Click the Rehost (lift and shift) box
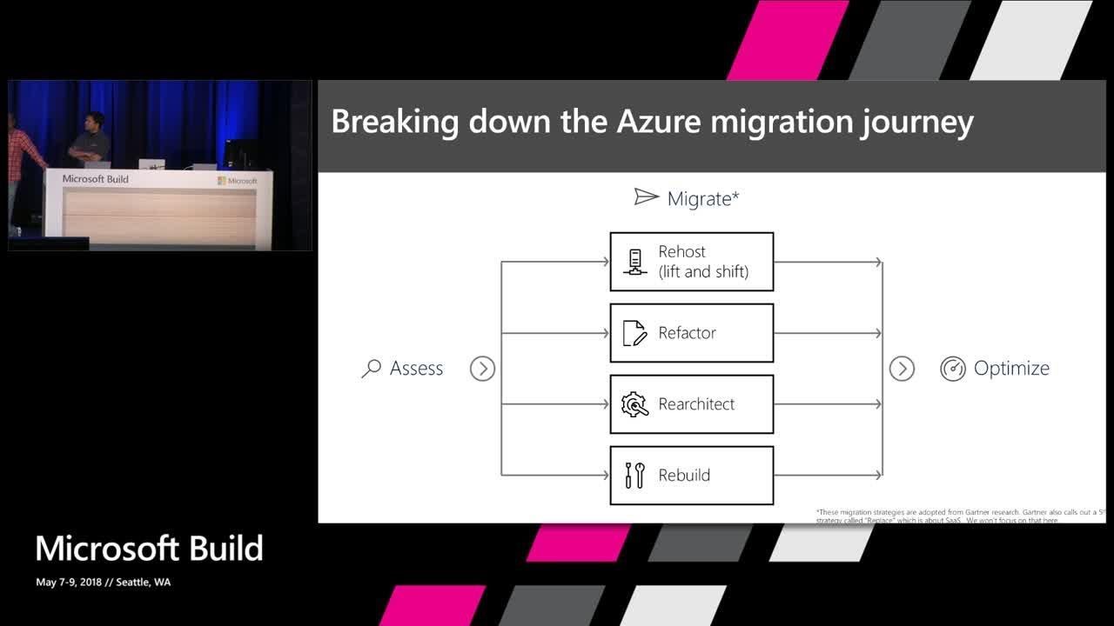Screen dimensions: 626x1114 tap(691, 262)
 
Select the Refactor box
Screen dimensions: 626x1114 tap(691, 333)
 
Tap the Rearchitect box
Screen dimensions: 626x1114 tap(691, 404)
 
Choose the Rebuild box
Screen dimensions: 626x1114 tap(691, 476)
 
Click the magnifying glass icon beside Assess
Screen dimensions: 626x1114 tap(371, 369)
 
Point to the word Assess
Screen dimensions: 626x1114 tap(416, 369)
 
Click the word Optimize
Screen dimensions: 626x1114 tap(1011, 369)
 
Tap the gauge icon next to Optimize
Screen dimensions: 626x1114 tap(953, 369)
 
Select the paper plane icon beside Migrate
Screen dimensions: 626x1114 tap(646, 197)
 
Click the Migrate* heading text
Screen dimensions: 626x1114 tap(703, 199)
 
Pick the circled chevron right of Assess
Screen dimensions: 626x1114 tap(482, 369)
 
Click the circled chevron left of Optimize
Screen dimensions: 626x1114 tap(902, 369)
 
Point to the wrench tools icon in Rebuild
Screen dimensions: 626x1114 tap(635, 476)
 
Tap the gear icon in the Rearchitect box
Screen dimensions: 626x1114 tap(635, 404)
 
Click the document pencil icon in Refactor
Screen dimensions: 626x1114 tap(635, 333)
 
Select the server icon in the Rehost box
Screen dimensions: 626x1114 tap(635, 262)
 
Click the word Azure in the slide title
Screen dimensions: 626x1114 tap(658, 123)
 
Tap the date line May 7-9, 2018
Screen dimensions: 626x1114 tap(103, 583)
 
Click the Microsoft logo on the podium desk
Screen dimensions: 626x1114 tap(238, 181)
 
